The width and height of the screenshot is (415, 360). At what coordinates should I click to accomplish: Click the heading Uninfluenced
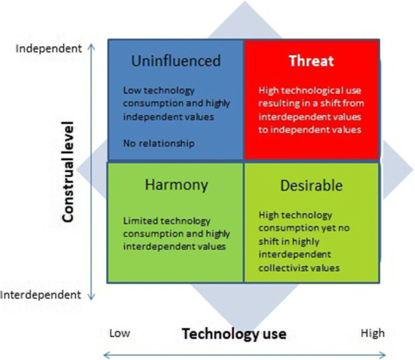pos(176,61)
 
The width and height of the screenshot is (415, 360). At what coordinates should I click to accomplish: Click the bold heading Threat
pos(311,61)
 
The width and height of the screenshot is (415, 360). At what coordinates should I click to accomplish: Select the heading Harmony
pos(176,185)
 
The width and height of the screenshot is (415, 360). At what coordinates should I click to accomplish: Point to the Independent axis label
pos(47,48)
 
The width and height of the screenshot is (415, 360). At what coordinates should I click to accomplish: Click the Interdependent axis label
pos(41,295)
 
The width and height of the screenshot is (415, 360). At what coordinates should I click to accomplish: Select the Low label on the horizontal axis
pos(120,333)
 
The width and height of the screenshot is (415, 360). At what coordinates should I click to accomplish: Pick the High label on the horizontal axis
pos(372,333)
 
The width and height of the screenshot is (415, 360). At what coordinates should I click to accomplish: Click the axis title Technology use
pos(234,333)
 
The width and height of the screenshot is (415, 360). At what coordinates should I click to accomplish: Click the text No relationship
pos(159,144)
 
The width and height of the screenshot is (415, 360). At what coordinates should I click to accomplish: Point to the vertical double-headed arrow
pos(91,172)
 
